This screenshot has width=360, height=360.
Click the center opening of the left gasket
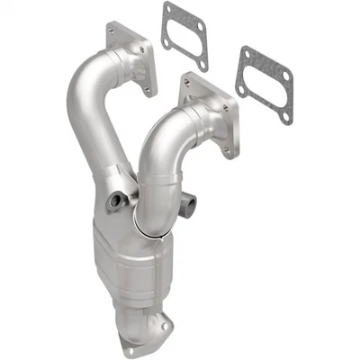(x=186, y=36)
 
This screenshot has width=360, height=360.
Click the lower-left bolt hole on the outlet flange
(x=131, y=349)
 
